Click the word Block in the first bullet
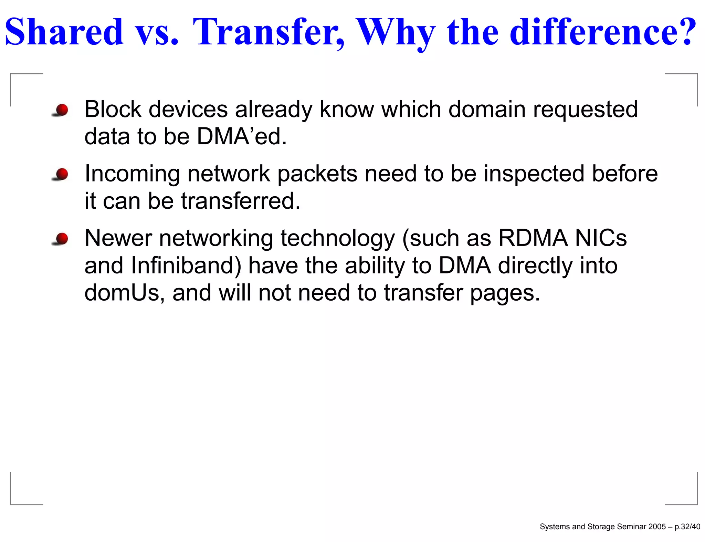point(113,110)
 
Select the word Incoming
point(132,174)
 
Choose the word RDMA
point(533,238)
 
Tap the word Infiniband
point(186,265)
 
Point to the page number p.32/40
point(687,527)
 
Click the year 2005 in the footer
point(657,527)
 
